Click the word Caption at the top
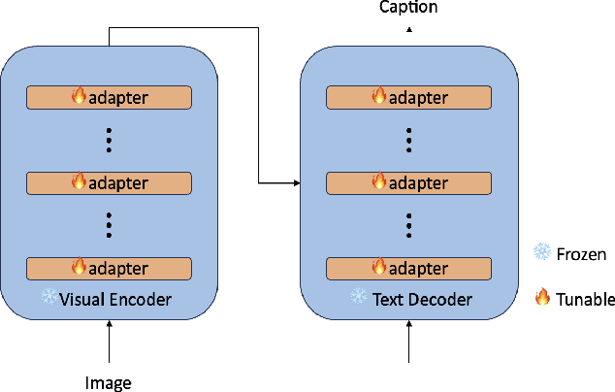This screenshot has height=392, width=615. [x=407, y=8]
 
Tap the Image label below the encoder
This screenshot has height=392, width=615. [x=109, y=382]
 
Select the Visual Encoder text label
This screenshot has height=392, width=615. [x=115, y=299]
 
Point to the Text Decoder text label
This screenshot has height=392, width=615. [x=422, y=299]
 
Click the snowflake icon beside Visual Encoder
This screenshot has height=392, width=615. [x=49, y=298]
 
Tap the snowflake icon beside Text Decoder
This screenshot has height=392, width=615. [x=359, y=298]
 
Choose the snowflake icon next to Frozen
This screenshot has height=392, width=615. [x=541, y=253]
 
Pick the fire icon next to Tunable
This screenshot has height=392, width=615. [x=542, y=299]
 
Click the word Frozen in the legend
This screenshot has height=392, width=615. [x=581, y=254]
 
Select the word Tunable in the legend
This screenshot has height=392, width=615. [x=586, y=299]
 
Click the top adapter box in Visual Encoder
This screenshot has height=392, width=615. [x=109, y=97]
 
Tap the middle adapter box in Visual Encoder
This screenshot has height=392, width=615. [x=109, y=182]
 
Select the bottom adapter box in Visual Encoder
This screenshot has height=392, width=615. [x=109, y=268]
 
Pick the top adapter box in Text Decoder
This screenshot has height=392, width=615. [x=408, y=97]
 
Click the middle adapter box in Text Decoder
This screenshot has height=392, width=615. [x=408, y=182]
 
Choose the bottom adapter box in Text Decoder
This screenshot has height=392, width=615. [x=408, y=268]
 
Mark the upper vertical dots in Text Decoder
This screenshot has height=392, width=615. [x=408, y=140]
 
